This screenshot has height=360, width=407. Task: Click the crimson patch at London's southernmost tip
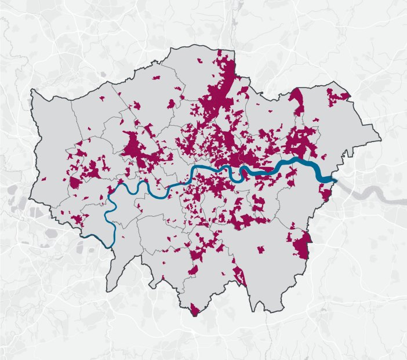tap(194, 311)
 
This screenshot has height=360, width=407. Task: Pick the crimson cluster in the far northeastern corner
tap(336, 96)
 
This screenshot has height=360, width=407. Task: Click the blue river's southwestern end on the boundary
tap(111, 246)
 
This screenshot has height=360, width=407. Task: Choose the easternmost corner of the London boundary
tap(381, 140)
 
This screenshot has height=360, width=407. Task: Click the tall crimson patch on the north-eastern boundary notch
tap(298, 101)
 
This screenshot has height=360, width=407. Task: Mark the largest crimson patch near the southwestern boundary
tap(79, 220)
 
